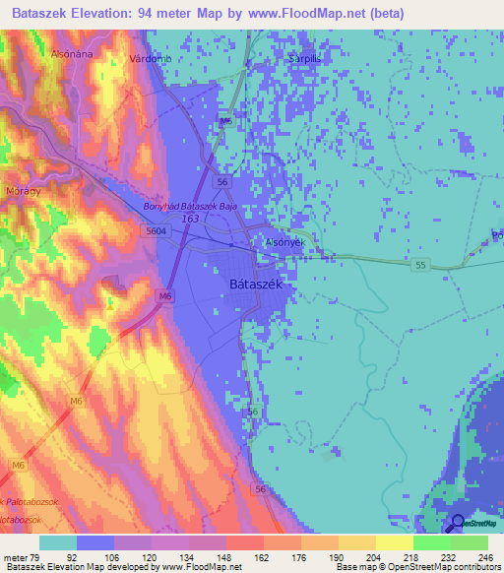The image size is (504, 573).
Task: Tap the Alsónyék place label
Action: pos(285,241)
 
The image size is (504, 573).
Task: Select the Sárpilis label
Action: pos(305,58)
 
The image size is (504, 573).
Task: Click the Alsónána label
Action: pos(71,54)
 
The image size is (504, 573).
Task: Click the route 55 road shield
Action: pos(419,266)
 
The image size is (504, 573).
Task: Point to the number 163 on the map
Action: pos(191,219)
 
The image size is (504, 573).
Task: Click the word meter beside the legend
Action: pos(17,556)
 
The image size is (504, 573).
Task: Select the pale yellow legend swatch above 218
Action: pos(394,542)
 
